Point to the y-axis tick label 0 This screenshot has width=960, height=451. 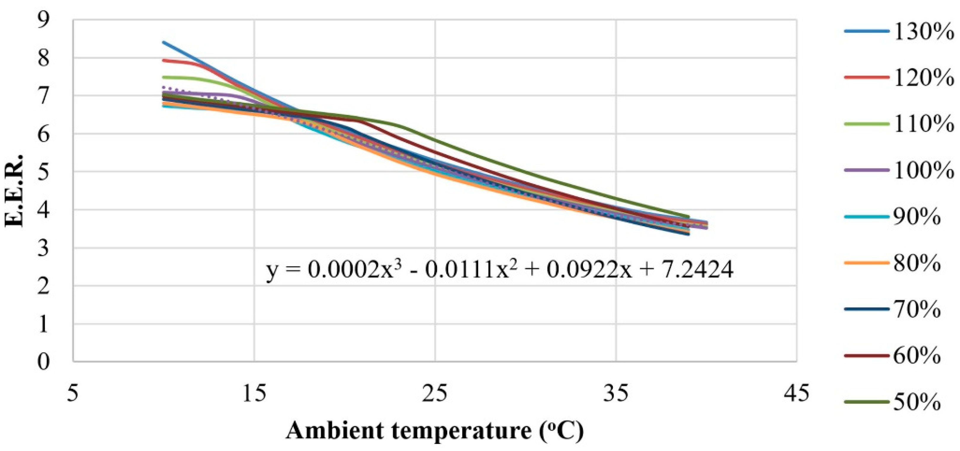click(x=44, y=361)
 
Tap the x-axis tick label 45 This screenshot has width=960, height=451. click(x=796, y=393)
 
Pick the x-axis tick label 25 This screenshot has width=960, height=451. click(x=435, y=393)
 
